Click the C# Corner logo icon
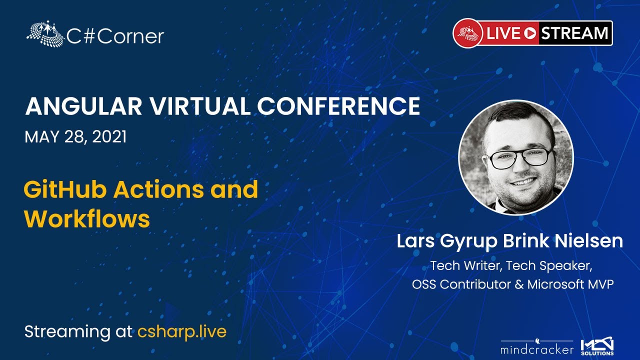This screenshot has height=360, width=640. (45, 33)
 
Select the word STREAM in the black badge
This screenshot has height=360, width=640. (574, 33)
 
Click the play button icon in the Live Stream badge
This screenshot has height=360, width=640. (530, 33)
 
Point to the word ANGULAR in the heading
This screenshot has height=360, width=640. (83, 106)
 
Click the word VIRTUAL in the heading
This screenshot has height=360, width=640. (199, 106)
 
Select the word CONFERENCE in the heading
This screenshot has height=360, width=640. (338, 106)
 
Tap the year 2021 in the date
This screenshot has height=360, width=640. (109, 137)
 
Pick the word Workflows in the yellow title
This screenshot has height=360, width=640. (87, 219)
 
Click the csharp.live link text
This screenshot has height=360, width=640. (182, 332)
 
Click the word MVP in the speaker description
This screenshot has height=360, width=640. (601, 284)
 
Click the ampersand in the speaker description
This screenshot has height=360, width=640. (519, 284)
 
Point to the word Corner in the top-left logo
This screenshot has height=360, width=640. (132, 36)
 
